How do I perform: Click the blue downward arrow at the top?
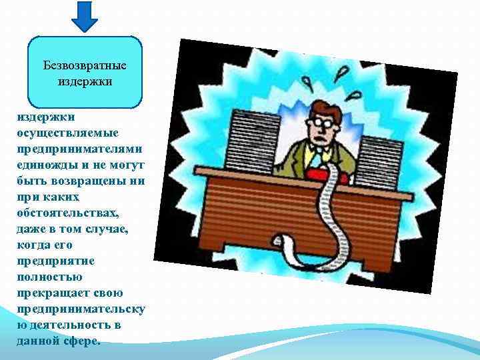tap(85, 17)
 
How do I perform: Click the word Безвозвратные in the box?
tap(85, 66)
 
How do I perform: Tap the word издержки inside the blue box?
tap(85, 81)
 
